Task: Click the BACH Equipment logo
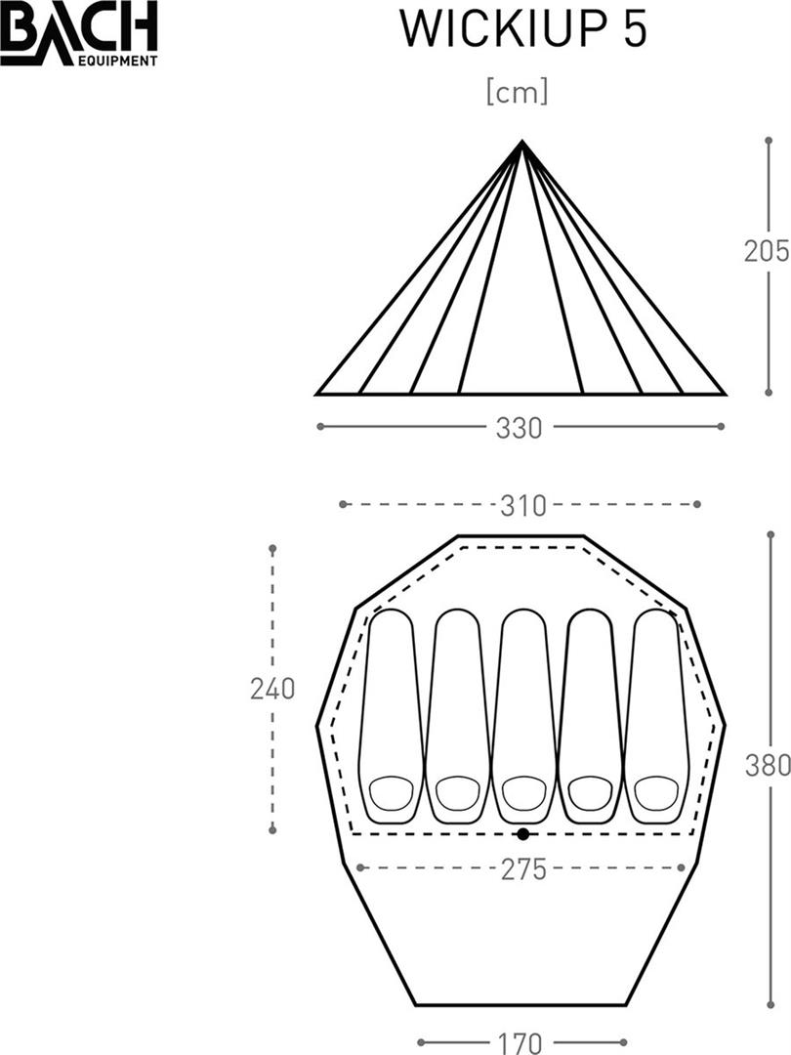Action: pyautogui.click(x=79, y=33)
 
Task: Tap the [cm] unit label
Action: pyautogui.click(x=517, y=92)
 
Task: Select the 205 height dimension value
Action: pyautogui.click(x=767, y=251)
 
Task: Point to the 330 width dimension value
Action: pyautogui.click(x=519, y=428)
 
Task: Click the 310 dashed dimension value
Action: pyautogui.click(x=523, y=506)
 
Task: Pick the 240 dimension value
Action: pyautogui.click(x=272, y=689)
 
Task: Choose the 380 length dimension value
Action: pyautogui.click(x=768, y=766)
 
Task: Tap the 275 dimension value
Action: pyautogui.click(x=523, y=870)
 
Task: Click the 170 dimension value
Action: pyautogui.click(x=520, y=1043)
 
